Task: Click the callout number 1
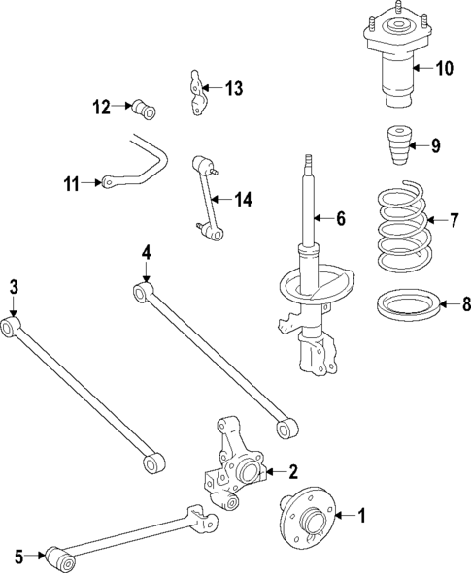[x=363, y=516]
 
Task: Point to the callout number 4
[x=146, y=254]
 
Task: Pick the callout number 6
[x=341, y=219]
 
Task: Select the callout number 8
[x=465, y=305]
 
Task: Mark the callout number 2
[x=292, y=472]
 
